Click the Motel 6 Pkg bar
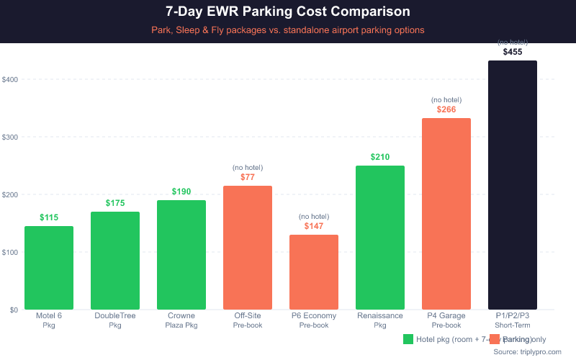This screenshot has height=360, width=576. point(49,268)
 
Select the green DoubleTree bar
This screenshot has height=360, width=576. point(115,261)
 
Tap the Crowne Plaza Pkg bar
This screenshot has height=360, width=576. point(181,255)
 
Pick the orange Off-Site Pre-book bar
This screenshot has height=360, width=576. point(248,248)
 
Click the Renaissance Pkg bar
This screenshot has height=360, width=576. point(380,238)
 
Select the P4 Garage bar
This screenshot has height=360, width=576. point(446,214)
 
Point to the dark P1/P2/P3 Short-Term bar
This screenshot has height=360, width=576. point(513,185)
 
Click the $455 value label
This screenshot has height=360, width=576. point(513,52)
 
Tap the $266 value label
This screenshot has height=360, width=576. point(446,109)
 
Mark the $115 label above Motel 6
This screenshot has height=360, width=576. point(49,217)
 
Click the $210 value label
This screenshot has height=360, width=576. point(380,157)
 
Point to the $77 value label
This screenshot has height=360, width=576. point(248,177)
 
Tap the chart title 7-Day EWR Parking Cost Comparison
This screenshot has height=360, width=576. point(288,12)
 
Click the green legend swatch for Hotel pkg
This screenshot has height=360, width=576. point(408,339)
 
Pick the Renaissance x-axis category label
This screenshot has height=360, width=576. point(380,315)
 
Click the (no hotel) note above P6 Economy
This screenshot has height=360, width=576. point(314,216)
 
